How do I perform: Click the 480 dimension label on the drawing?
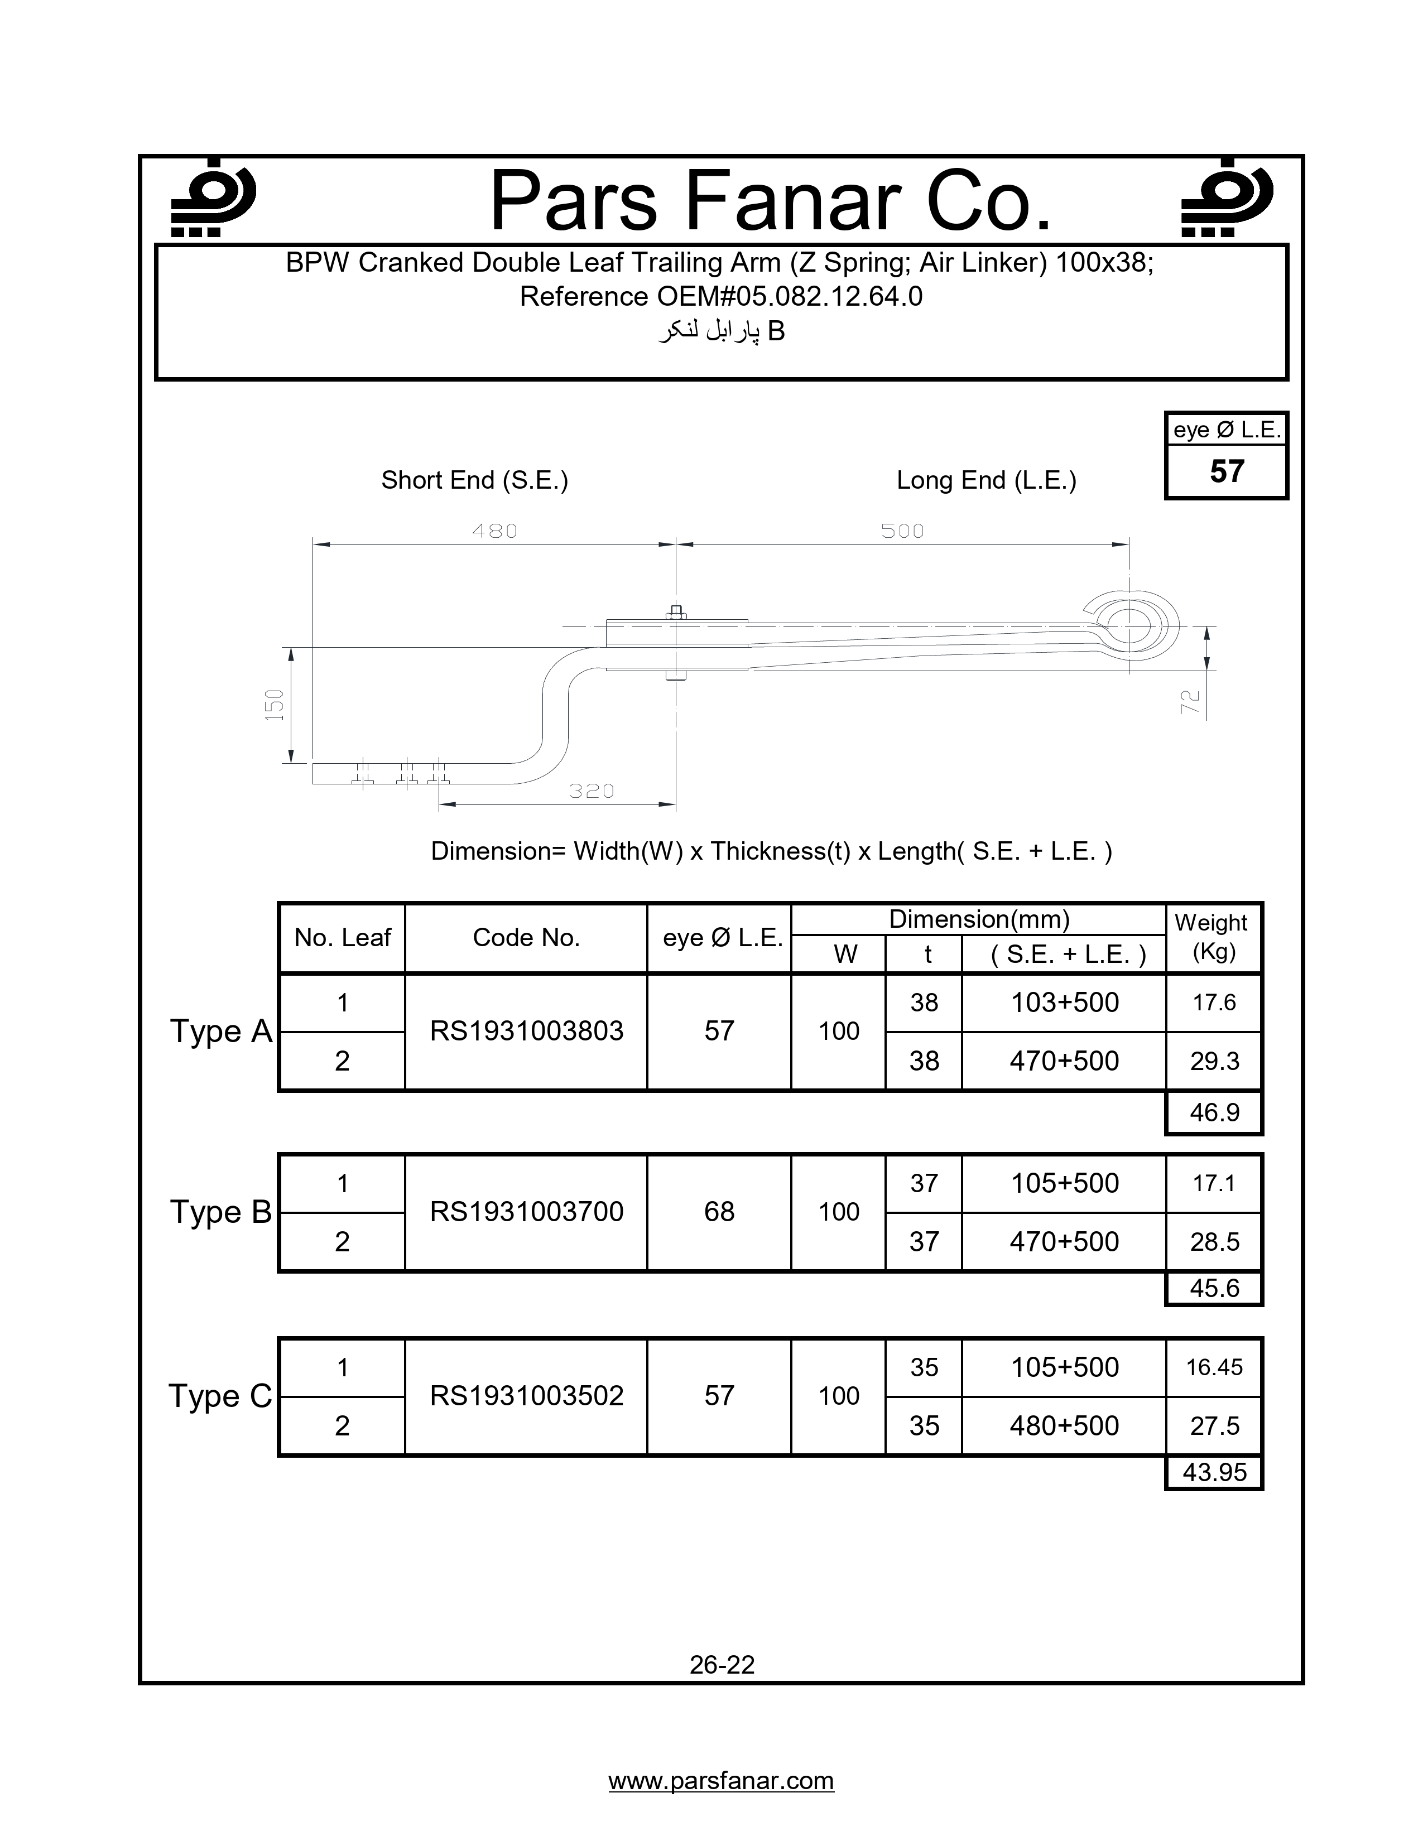tap(494, 531)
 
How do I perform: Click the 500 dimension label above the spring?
tap(902, 531)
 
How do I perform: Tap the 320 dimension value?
tap(591, 791)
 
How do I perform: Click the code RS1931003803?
tap(526, 1031)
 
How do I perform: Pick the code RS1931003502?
tap(526, 1395)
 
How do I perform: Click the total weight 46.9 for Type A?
tap(1214, 1113)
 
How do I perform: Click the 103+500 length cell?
tap(1064, 1003)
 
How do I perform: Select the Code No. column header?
tap(526, 937)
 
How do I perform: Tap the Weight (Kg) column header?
tap(1212, 937)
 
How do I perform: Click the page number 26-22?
tap(722, 1664)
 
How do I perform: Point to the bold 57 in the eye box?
tap(1227, 471)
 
